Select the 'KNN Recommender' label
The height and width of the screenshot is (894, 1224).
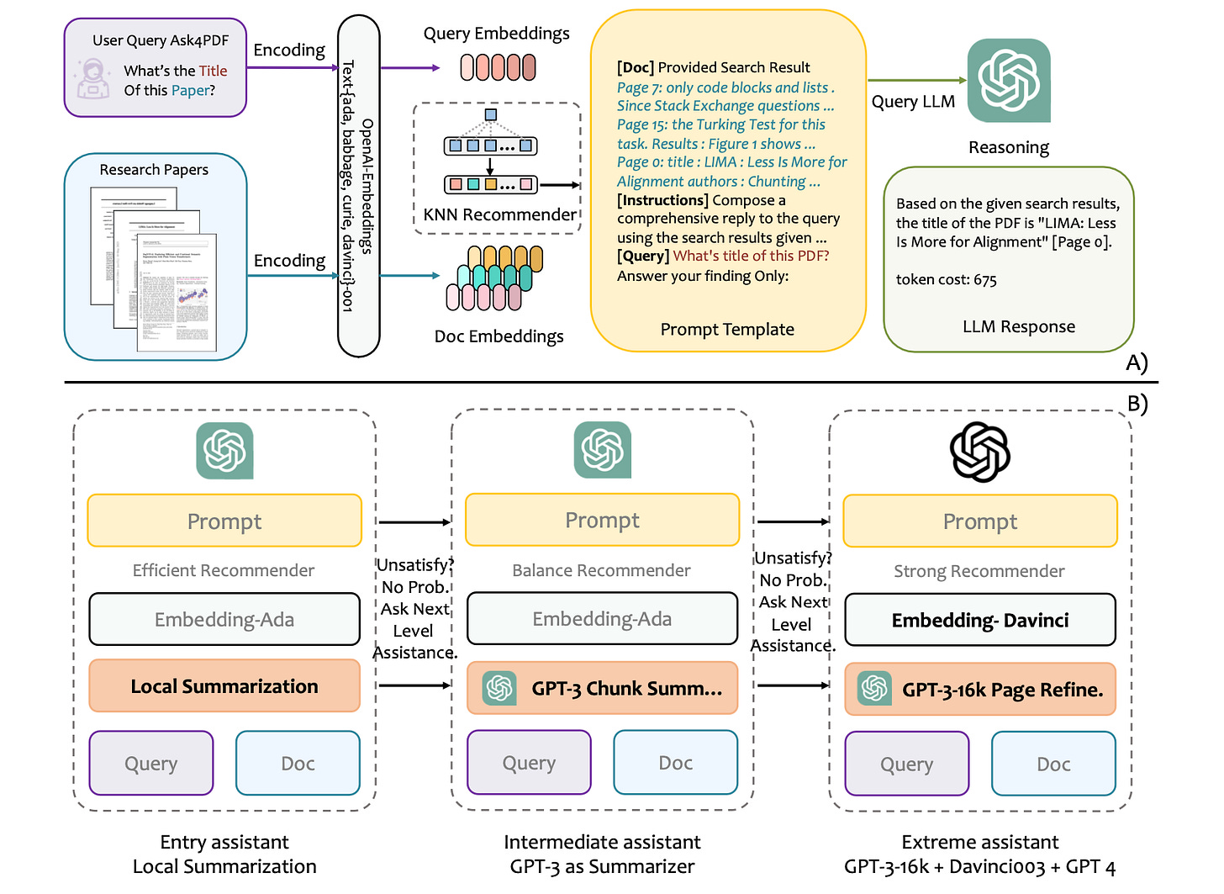[x=499, y=214]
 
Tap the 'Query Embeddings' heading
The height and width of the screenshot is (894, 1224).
[x=496, y=34]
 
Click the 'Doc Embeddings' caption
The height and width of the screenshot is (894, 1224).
[x=499, y=336]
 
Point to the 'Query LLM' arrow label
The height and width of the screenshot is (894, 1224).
[x=913, y=102]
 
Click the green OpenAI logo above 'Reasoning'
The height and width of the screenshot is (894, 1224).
[x=1009, y=81]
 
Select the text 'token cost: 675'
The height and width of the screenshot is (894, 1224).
[x=946, y=280]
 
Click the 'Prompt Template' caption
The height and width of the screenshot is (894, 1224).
[x=727, y=330]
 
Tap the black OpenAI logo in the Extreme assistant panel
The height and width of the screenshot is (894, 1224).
[x=980, y=452]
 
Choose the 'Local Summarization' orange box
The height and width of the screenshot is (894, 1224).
[x=224, y=686]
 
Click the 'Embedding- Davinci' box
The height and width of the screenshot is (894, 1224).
[x=980, y=621]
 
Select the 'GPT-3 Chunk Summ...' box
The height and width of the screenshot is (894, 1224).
[x=603, y=689]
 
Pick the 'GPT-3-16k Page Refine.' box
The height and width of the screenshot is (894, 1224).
[x=980, y=690]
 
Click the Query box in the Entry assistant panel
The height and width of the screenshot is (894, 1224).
[x=151, y=764]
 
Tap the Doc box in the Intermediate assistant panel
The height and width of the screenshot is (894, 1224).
[x=676, y=763]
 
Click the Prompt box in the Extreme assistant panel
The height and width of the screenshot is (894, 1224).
[x=980, y=521]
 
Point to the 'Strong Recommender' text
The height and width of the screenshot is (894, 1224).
[x=979, y=572]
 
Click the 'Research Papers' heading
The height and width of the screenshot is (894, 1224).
[x=154, y=170]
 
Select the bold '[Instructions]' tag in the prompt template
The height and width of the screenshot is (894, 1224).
[x=662, y=200]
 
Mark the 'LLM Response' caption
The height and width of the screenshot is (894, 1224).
[x=1019, y=327]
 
